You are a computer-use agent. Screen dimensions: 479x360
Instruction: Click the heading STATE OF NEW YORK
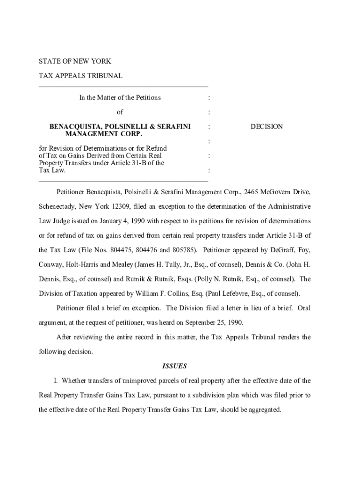pos(74,61)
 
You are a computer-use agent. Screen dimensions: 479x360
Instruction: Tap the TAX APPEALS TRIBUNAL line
pos(80,76)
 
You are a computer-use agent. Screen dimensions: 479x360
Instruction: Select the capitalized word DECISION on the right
pos(266,127)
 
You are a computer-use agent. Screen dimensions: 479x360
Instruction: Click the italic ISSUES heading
pos(174,366)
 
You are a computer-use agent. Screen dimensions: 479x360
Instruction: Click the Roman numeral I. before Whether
pos(56,381)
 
